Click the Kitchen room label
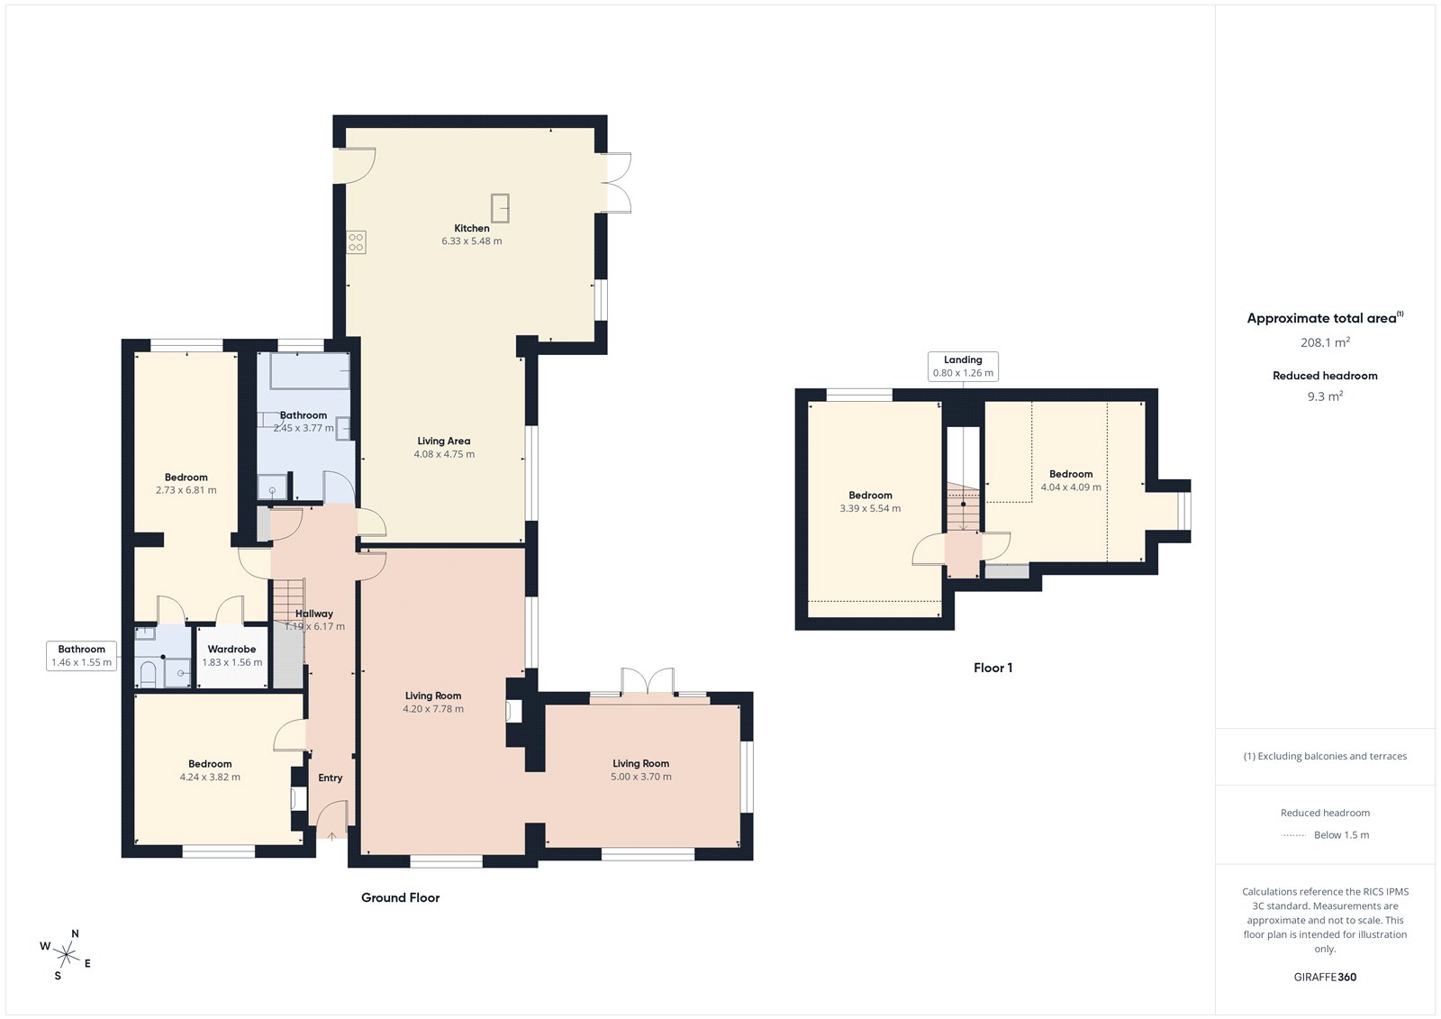471,228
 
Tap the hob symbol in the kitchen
356,241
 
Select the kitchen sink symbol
500,207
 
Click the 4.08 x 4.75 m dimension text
444,454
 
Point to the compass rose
65,953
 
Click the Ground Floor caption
400,897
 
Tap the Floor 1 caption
992,668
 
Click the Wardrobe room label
231,649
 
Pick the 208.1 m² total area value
1324,342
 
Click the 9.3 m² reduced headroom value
1324,396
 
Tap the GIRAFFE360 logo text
1324,977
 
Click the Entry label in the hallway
330,778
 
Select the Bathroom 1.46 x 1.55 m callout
81,655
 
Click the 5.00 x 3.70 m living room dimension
640,777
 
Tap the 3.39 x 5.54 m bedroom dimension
870,508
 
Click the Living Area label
443,441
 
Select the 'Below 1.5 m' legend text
1341,835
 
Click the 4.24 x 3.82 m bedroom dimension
210,777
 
